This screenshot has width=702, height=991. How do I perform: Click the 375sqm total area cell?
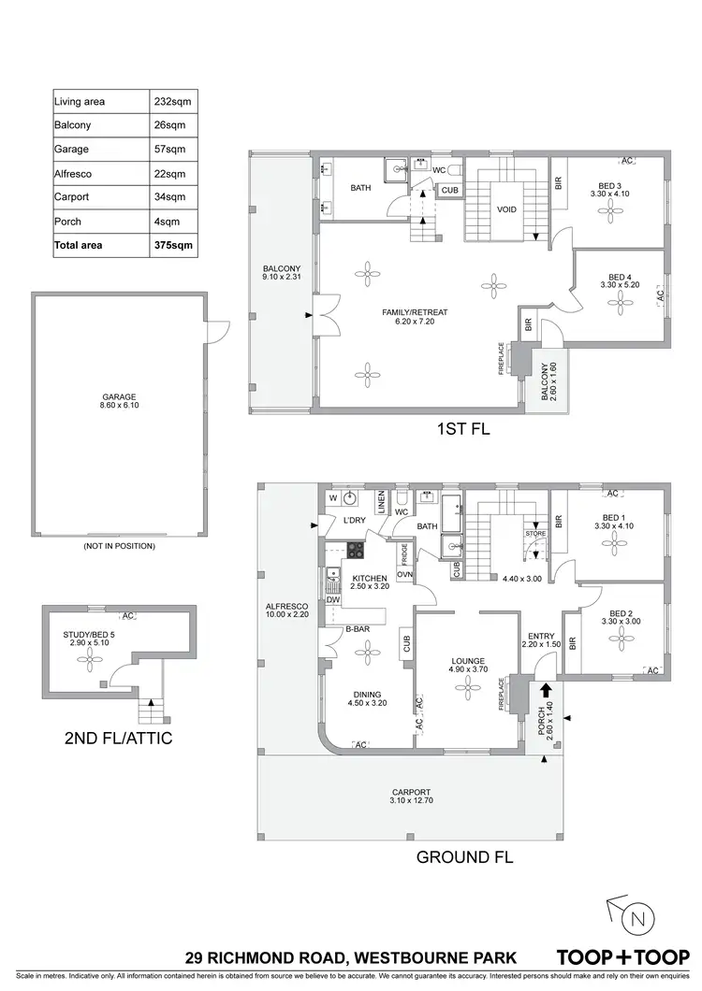[176, 246]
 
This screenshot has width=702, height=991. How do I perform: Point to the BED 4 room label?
[620, 282]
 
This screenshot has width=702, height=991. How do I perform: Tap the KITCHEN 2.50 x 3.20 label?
[370, 582]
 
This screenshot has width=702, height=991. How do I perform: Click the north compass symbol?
[637, 920]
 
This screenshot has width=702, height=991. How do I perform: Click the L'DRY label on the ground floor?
[354, 519]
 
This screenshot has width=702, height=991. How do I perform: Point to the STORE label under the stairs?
[535, 534]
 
